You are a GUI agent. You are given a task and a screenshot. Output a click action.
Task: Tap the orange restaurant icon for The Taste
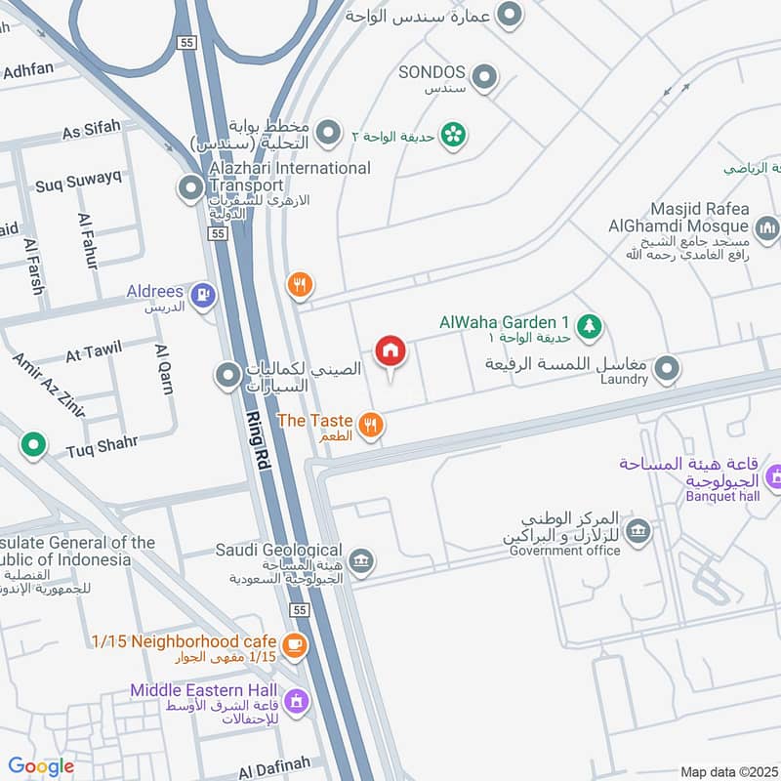pyautogui.click(x=370, y=424)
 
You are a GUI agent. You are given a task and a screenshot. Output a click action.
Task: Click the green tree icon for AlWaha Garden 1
pyautogui.click(x=588, y=326)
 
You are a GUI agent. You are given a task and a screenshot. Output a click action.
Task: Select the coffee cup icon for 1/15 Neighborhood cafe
pyautogui.click(x=294, y=645)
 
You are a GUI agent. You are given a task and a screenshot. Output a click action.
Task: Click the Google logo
pyautogui.click(x=41, y=766)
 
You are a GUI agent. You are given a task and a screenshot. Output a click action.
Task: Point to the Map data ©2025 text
pyautogui.click(x=727, y=771)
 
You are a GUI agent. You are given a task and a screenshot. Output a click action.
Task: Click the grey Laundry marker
pyautogui.click(x=667, y=369)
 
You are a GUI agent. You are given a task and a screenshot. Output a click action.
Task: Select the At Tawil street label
pyautogui.click(x=94, y=351)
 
